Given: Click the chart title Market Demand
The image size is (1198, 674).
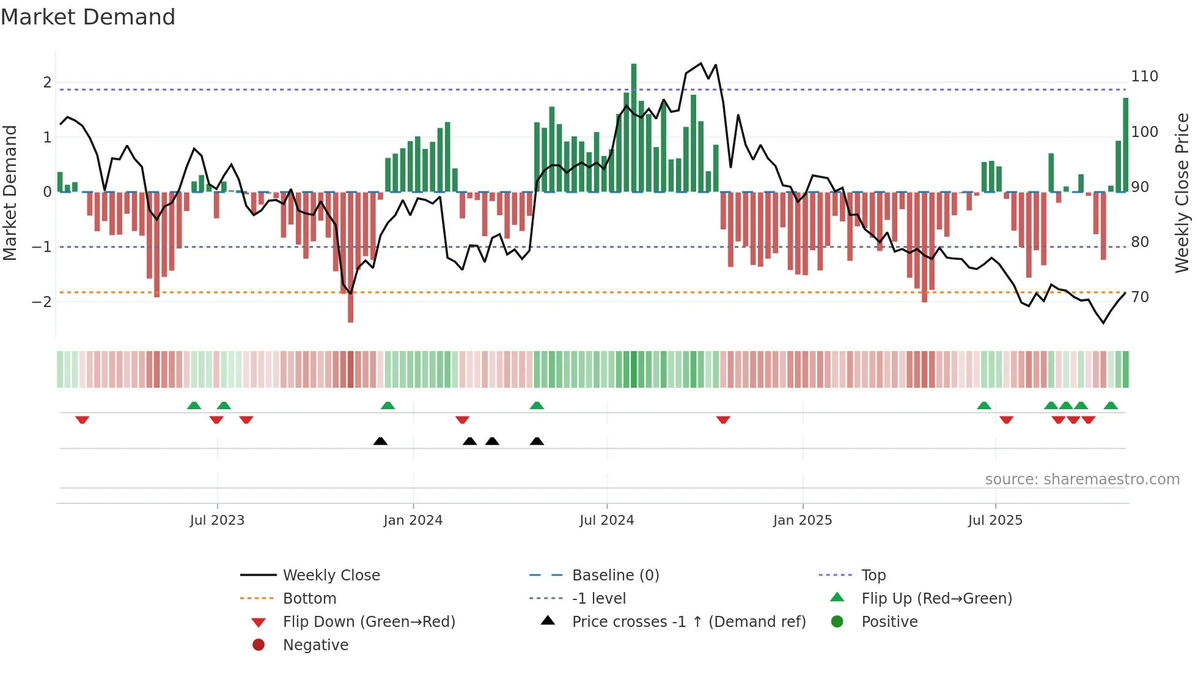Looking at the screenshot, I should [88, 17].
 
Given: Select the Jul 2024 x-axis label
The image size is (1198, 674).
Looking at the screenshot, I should [606, 520].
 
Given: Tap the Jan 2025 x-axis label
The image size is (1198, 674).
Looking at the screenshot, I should [802, 520].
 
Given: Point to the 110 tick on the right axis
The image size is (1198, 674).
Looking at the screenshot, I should [1144, 76].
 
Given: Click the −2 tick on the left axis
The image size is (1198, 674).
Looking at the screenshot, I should [42, 302].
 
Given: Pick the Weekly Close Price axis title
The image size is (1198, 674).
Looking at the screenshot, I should [1182, 193].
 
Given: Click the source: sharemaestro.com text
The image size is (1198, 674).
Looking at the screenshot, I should [1082, 480].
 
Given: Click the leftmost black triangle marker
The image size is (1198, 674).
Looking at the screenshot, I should [380, 441].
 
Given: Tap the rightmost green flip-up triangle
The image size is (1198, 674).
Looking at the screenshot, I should [1111, 406].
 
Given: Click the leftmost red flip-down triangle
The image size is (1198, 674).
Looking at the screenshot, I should [82, 420].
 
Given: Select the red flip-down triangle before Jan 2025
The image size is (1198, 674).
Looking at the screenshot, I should [723, 420].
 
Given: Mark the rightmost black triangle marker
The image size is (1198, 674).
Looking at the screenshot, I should [537, 441].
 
